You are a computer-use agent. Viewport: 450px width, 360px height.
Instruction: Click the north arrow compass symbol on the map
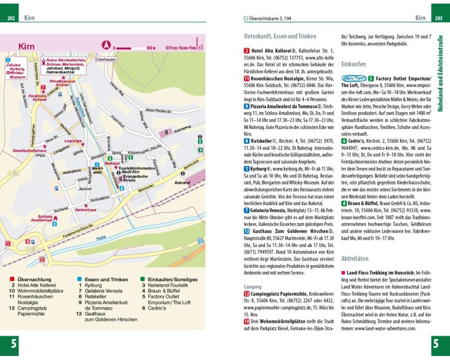107,45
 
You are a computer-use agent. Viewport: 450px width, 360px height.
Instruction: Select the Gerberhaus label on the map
85,210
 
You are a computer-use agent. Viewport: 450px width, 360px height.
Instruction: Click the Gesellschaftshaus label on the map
29,150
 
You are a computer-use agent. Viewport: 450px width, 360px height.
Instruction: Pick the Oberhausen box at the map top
106,59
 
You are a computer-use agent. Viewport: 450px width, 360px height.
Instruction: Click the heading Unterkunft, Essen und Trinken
280,36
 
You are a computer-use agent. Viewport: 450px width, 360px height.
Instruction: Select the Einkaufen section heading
353,64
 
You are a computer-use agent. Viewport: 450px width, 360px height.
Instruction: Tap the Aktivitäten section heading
355,259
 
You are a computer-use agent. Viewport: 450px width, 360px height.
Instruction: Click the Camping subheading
252,287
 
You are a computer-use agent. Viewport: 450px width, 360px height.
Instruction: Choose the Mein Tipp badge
353,78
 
